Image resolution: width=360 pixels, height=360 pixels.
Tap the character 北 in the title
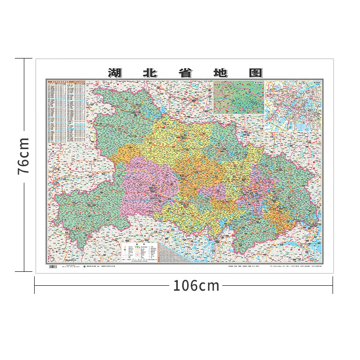[149, 73]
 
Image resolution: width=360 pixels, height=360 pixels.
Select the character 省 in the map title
[184, 73]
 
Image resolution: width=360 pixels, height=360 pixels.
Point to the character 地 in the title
[219, 73]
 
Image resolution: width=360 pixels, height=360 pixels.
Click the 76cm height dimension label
[23, 156]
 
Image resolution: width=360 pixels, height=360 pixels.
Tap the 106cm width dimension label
[196, 285]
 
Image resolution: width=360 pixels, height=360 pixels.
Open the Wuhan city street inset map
[293, 106]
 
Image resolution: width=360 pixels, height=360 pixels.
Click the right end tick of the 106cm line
[333, 285]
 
